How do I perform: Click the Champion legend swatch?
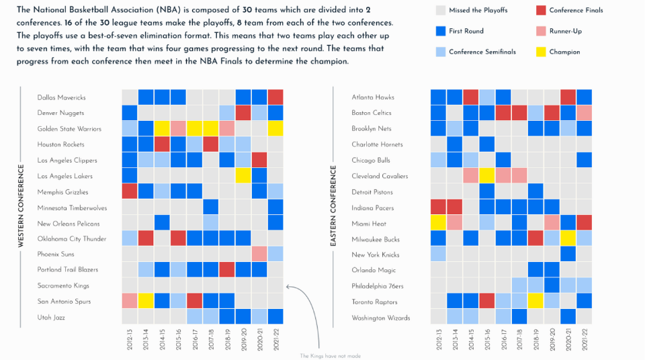(541, 52)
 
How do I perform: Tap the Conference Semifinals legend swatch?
(441, 52)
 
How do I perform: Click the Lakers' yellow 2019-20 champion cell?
(243, 176)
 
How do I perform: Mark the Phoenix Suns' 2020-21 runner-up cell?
(259, 254)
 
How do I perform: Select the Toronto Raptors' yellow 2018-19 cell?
(536, 301)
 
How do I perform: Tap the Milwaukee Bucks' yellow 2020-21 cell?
(568, 238)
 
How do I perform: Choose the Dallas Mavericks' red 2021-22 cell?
(275, 97)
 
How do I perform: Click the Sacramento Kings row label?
(63, 285)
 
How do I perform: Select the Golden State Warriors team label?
(69, 129)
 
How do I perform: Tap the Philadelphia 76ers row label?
(378, 285)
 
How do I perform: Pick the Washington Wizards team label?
(380, 318)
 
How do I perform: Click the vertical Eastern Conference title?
(333, 207)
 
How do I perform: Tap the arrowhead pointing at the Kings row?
(288, 285)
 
